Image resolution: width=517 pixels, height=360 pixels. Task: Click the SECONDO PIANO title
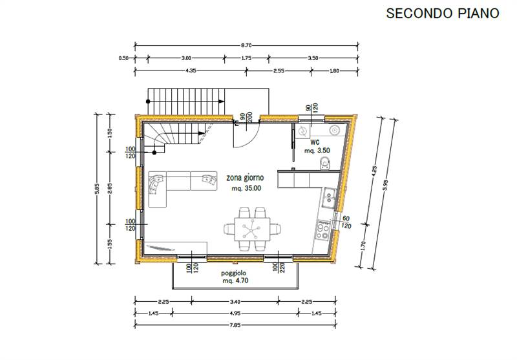(x=443, y=13)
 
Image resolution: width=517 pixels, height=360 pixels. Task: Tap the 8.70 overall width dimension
(x=246, y=45)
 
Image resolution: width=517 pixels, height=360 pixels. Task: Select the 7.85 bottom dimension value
(x=235, y=324)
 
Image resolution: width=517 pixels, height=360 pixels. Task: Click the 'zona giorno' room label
(x=245, y=178)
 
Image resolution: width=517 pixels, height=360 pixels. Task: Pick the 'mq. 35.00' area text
(x=247, y=188)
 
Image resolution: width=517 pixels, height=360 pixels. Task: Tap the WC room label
(x=315, y=142)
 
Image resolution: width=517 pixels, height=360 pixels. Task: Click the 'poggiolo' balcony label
(x=233, y=273)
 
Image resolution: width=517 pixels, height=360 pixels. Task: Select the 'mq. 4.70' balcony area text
(x=235, y=281)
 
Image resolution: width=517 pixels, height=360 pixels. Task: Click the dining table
(x=252, y=229)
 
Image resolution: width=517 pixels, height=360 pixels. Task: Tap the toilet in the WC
(x=325, y=162)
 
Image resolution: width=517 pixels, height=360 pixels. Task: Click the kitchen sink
(x=329, y=198)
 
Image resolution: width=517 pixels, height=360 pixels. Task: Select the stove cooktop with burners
(x=323, y=230)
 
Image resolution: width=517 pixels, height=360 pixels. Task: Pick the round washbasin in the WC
(x=335, y=130)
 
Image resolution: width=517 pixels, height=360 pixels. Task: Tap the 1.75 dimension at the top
(x=246, y=58)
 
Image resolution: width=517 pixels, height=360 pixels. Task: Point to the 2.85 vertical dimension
(x=110, y=189)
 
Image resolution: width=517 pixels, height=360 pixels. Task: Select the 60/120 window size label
(x=346, y=222)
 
